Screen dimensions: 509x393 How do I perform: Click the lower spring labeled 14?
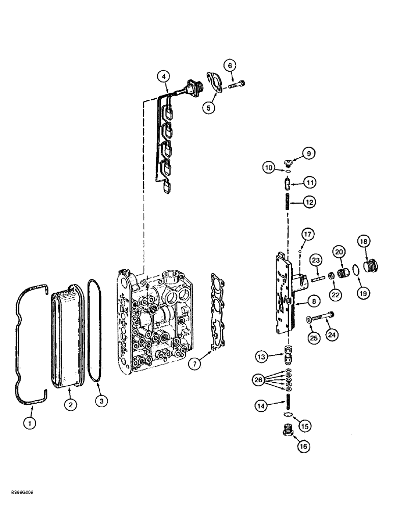pos(288,400)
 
